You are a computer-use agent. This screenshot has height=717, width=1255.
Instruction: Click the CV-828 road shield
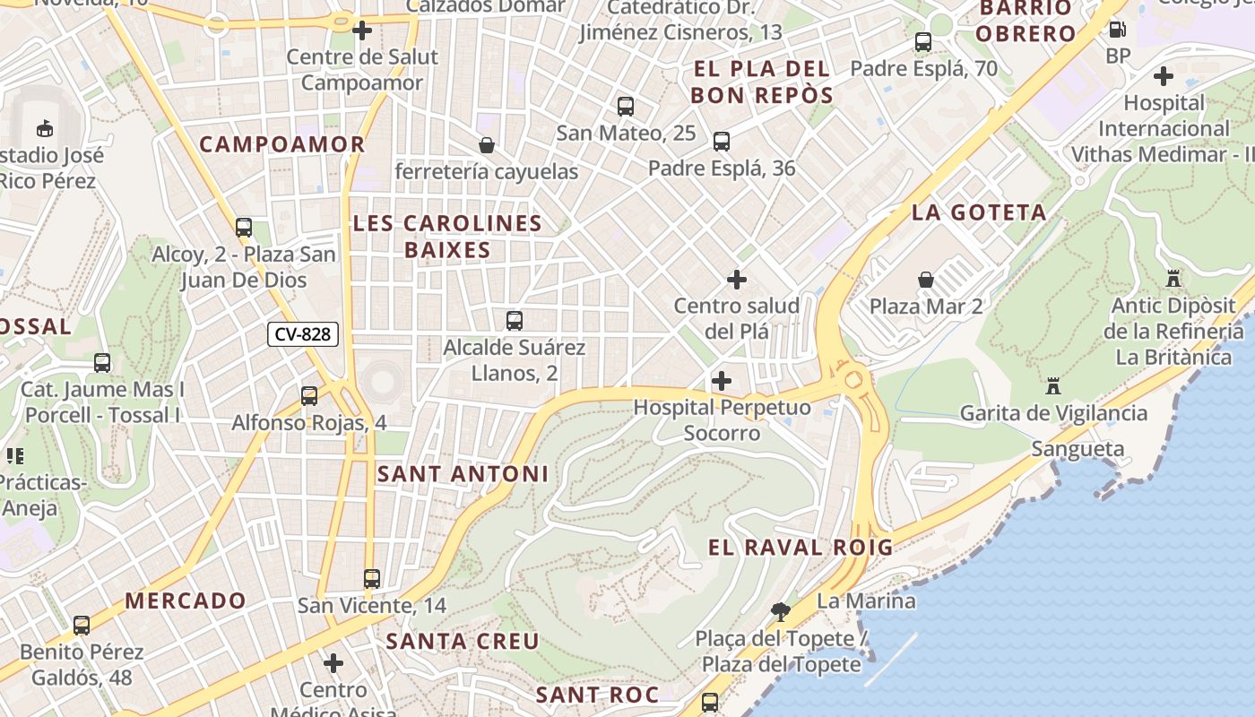pyautogui.click(x=303, y=335)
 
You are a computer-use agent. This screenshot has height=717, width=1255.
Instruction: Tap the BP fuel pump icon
pyautogui.click(x=1118, y=29)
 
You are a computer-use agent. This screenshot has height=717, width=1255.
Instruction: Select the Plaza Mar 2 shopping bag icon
pyautogui.click(x=926, y=280)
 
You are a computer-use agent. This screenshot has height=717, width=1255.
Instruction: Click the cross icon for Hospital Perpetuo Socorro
pyautogui.click(x=722, y=381)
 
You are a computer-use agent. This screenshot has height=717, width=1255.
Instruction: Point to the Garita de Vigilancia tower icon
pyautogui.click(x=1053, y=386)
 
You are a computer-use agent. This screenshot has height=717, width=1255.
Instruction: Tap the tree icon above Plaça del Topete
pyautogui.click(x=781, y=612)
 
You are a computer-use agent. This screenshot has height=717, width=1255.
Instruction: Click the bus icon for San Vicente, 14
pyautogui.click(x=372, y=579)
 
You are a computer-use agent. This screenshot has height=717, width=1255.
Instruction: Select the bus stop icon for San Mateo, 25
pyautogui.click(x=626, y=107)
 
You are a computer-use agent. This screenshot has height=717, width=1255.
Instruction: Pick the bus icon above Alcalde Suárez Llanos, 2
pyautogui.click(x=515, y=321)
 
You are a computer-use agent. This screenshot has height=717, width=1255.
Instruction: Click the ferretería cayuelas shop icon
pyautogui.click(x=487, y=144)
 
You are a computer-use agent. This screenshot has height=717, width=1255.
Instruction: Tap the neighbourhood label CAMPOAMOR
pyautogui.click(x=282, y=144)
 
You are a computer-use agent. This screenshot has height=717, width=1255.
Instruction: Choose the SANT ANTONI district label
pyautogui.click(x=463, y=473)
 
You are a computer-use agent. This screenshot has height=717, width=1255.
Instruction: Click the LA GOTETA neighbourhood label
pyautogui.click(x=979, y=212)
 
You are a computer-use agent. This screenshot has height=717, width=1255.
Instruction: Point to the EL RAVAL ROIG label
pyautogui.click(x=801, y=548)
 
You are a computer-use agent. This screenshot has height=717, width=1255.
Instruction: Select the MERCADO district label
pyautogui.click(x=186, y=600)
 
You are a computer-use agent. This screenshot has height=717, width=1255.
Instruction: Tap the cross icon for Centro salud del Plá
pyautogui.click(x=736, y=280)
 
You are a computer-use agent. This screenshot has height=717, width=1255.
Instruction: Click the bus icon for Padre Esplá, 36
pyautogui.click(x=722, y=142)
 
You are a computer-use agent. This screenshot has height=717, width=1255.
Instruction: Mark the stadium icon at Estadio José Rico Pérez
pyautogui.click(x=45, y=128)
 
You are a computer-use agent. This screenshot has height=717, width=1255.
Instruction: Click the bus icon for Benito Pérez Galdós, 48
pyautogui.click(x=82, y=626)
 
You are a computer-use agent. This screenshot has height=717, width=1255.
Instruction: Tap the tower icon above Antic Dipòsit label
pyautogui.click(x=1173, y=279)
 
